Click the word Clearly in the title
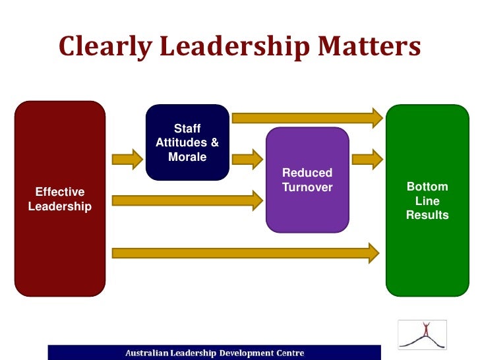pos(105,47)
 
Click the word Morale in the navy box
pos(187,157)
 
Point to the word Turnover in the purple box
pos(307,188)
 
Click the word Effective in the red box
pos(60,192)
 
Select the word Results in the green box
pos(427,215)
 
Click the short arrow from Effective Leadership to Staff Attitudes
pos(127,159)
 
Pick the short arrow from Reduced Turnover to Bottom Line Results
pos(367,159)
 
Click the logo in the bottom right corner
pos(421,334)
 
